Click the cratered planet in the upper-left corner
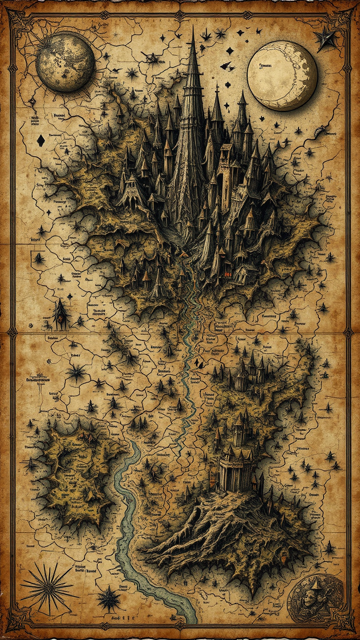[65, 62]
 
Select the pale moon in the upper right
[282, 75]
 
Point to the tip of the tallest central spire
[193, 29]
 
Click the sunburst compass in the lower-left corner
[47, 587]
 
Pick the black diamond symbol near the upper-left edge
[40, 140]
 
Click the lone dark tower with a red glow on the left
[60, 315]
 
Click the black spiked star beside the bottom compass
[109, 597]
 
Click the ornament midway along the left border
[12, 331]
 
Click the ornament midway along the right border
[348, 331]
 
